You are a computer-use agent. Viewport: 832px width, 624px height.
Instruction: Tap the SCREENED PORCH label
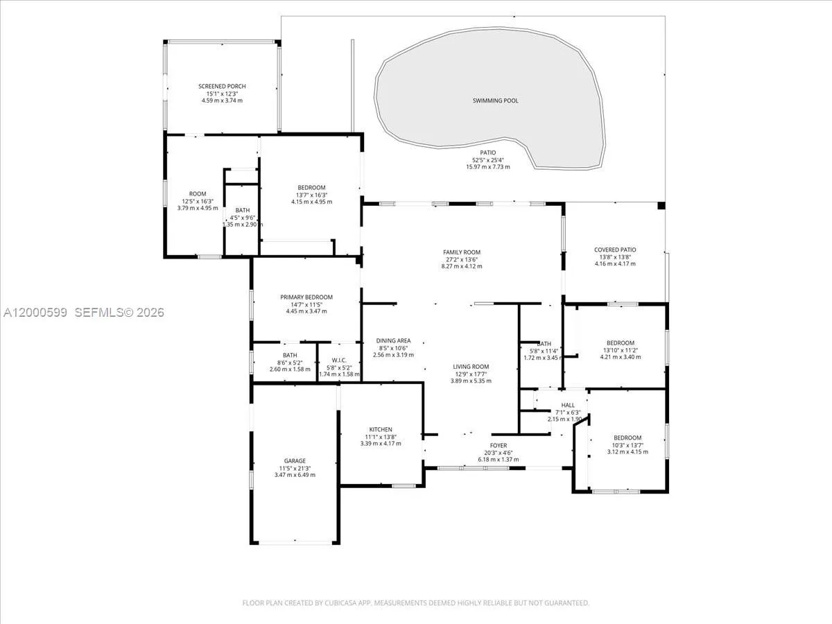pyautogui.click(x=222, y=86)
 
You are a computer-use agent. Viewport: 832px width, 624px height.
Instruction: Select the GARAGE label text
pyautogui.click(x=295, y=460)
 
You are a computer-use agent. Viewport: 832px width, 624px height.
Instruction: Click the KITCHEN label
pyautogui.click(x=381, y=429)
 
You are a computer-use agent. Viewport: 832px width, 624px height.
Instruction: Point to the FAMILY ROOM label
pyautogui.click(x=462, y=252)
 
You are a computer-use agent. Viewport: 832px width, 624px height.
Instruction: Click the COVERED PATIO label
pyautogui.click(x=615, y=250)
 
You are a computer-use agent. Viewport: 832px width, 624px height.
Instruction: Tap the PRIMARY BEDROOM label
pyautogui.click(x=306, y=297)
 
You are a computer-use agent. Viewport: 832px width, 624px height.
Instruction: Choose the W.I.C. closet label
pyautogui.click(x=340, y=360)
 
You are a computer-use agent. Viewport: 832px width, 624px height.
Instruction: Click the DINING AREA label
pyautogui.click(x=393, y=340)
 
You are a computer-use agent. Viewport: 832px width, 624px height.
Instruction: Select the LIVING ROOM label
pyautogui.click(x=471, y=367)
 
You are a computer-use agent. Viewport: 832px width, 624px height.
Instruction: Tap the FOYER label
pyautogui.click(x=499, y=445)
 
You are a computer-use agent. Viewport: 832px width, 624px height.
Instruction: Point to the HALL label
pyautogui.click(x=568, y=405)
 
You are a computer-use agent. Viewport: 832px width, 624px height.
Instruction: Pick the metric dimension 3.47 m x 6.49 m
pyautogui.click(x=295, y=475)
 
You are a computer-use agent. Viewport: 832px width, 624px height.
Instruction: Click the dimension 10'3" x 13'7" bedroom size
pyautogui.click(x=627, y=444)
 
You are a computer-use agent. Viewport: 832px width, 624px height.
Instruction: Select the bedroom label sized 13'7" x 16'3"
pyautogui.click(x=311, y=187)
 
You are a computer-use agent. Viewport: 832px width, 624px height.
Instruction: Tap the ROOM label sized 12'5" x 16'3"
pyautogui.click(x=198, y=193)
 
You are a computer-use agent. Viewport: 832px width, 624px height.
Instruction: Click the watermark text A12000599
pyautogui.click(x=34, y=313)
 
